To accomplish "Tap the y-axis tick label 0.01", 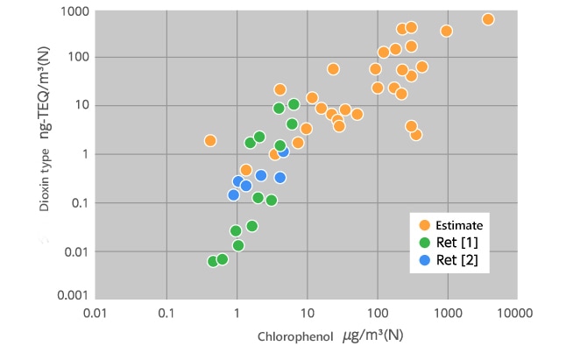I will coord(74,251).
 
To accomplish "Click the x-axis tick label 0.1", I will coord(166,312).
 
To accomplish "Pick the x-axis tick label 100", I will coord(377,312).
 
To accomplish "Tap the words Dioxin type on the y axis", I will coord(43,192).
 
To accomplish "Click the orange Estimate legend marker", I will coord(426,224).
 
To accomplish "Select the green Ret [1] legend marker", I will coord(426,242).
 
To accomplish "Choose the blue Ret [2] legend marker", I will coord(426,259).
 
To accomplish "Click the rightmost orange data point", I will coord(488,19).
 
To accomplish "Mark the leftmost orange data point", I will coord(210,140).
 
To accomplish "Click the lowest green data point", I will coord(213,261).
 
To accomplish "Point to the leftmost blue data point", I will coord(233,194).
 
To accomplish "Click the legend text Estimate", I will coord(459,224).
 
